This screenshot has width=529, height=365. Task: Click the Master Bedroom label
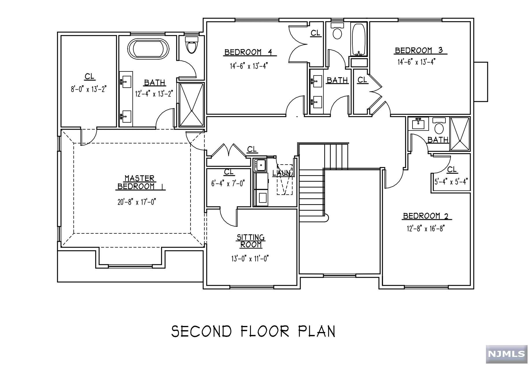pos(140,182)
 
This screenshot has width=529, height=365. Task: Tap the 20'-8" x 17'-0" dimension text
pos(137,202)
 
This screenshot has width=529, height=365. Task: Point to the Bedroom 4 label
pos(248,52)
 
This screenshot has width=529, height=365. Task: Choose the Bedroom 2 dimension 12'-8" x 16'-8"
pos(425,228)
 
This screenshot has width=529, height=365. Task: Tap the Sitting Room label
pos(251,241)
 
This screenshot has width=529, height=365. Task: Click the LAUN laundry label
pos(281,173)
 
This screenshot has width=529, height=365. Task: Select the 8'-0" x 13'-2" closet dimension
pos(89,89)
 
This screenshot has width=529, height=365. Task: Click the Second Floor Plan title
pos(253,331)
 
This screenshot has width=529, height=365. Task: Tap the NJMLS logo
pos(506,354)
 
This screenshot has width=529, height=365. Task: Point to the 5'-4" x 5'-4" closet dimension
pos(451,182)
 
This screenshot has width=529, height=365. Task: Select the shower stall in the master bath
pos(191,105)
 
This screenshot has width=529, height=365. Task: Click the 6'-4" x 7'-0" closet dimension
pos(228,183)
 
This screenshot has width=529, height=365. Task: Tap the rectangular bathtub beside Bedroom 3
pos(359,40)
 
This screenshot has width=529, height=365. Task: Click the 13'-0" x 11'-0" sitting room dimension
pos(250,258)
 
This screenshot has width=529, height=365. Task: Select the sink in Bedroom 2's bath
pos(418,124)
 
